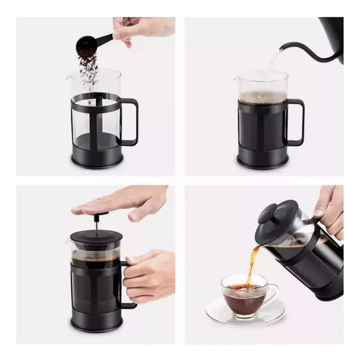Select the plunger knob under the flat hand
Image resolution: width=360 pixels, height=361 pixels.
[95, 216]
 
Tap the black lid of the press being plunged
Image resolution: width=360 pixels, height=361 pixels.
[95, 237]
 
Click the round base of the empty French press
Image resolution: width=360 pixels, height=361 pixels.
[97, 160]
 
